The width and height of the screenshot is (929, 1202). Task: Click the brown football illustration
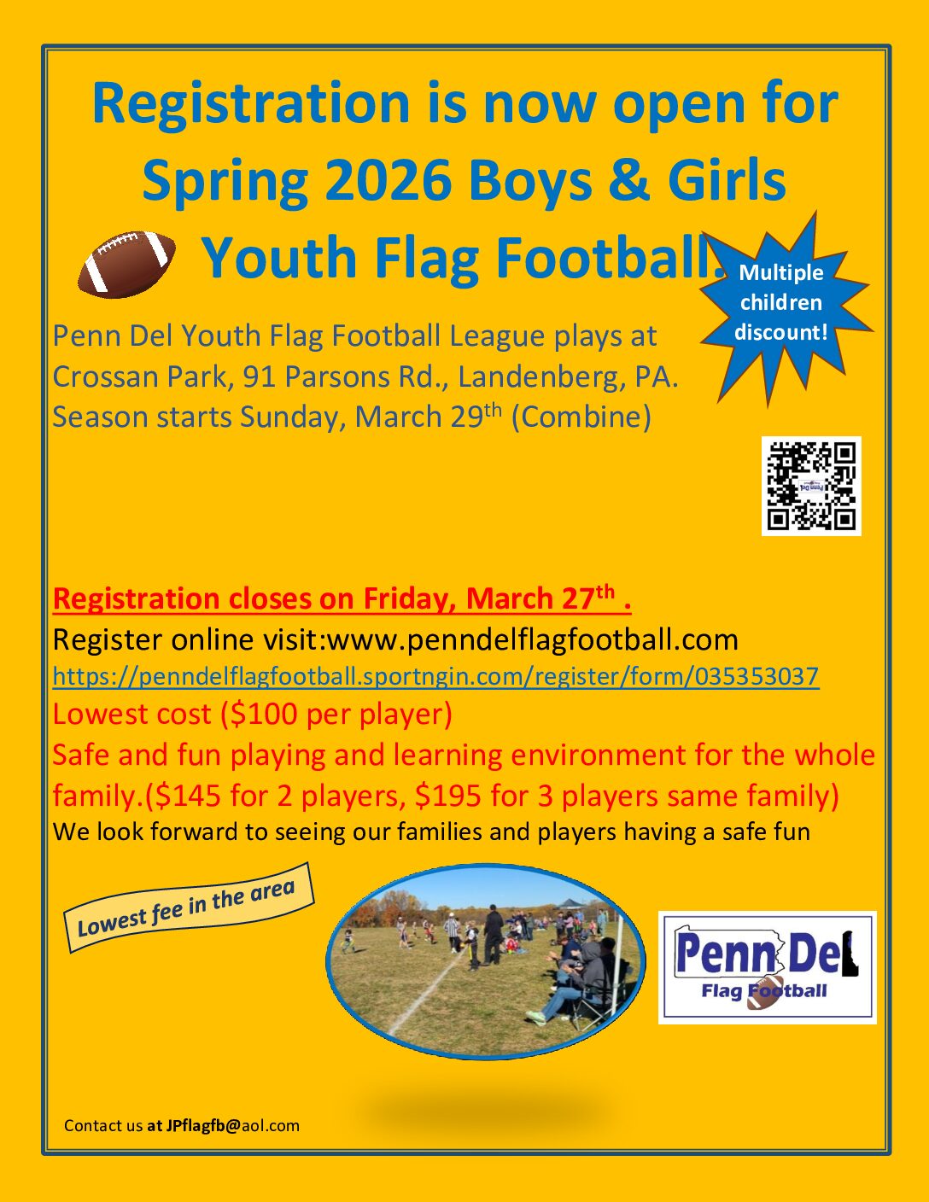pyautogui.click(x=126, y=263)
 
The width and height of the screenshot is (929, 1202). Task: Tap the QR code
pyautogui.click(x=811, y=486)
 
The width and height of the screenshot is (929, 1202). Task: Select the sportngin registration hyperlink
pyautogui.click(x=435, y=676)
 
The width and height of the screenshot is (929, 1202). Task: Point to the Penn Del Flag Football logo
pyautogui.click(x=767, y=967)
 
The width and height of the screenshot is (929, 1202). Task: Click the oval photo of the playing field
pyautogui.click(x=486, y=961)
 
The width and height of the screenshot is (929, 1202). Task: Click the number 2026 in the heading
pyautogui.click(x=388, y=181)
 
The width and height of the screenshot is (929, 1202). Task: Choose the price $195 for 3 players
pyautogui.click(x=448, y=796)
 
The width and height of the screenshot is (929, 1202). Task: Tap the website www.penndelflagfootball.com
pyautogui.click(x=533, y=640)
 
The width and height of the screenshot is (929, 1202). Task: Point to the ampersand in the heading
pyautogui.click(x=629, y=181)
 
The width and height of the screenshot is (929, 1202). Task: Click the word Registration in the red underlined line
pyautogui.click(x=136, y=599)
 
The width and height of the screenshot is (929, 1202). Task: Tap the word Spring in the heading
pyautogui.click(x=225, y=184)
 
